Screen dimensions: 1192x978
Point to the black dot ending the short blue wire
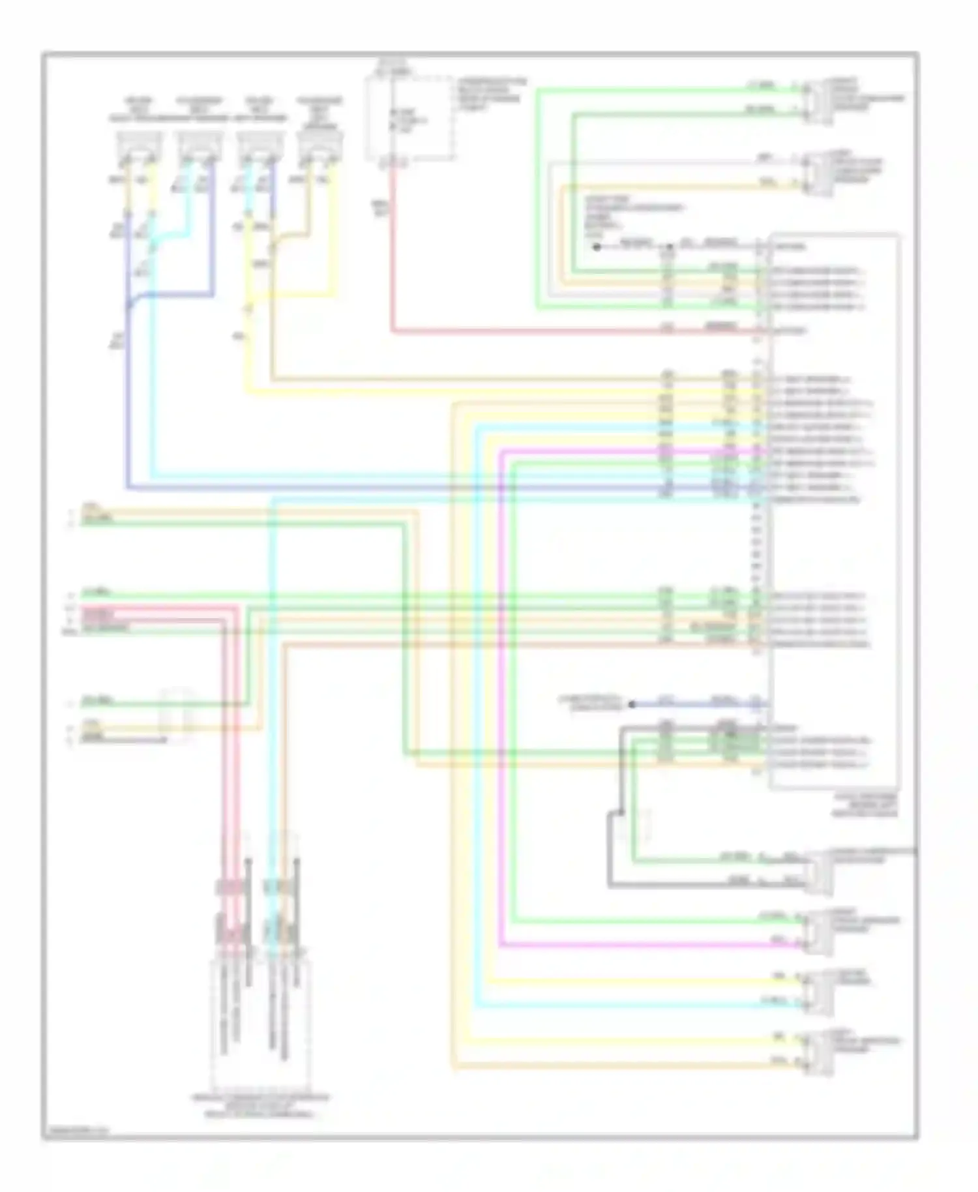point(631,704)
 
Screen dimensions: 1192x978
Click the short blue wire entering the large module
point(698,704)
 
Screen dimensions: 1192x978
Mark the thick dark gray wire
point(611,848)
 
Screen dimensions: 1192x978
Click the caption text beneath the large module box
point(865,805)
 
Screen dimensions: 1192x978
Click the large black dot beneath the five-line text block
point(596,247)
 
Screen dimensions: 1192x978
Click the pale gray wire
point(552,228)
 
